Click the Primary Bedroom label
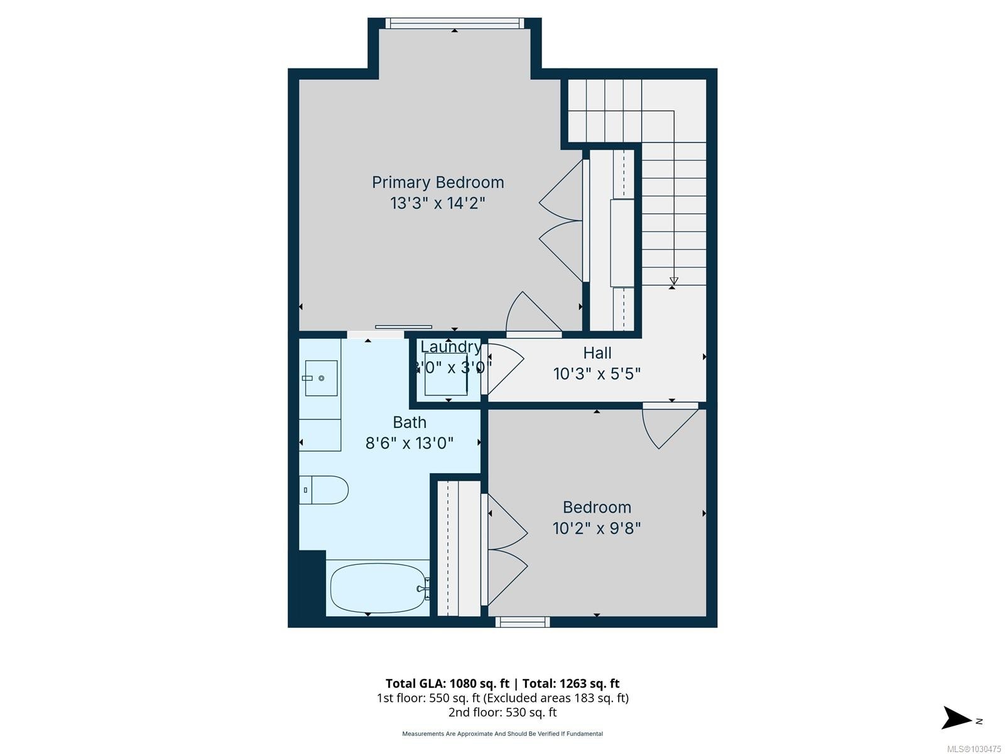438,183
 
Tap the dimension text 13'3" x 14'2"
437,203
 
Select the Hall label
597,353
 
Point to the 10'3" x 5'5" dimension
597,374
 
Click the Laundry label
450,347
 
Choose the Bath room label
410,422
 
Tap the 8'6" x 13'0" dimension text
410,443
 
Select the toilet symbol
323,490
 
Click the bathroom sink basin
322,378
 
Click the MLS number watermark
974,749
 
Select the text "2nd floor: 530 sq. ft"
503,713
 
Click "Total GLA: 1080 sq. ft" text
447,684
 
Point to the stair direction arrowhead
673,281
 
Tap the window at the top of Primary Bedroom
454,23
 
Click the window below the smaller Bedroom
523,621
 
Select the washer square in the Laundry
446,374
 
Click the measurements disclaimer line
503,734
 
